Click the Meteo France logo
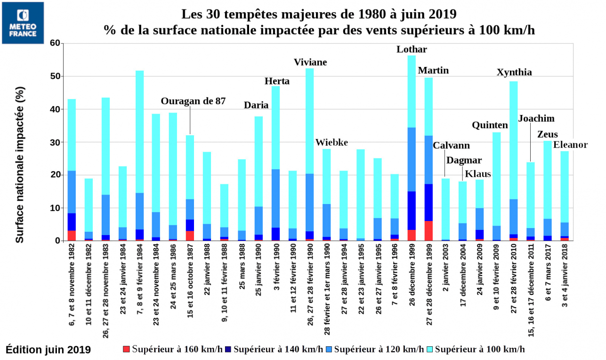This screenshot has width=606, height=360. click(x=23, y=23)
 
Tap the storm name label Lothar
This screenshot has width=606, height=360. click(x=412, y=49)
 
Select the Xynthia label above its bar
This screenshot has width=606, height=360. click(x=514, y=72)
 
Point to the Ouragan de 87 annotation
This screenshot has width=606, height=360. click(x=193, y=101)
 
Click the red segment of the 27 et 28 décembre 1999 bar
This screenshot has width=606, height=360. click(x=428, y=231)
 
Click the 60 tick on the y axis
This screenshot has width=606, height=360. click(x=55, y=43)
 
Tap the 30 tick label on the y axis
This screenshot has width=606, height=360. click(x=55, y=142)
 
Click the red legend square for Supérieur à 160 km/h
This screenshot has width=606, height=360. click(x=126, y=349)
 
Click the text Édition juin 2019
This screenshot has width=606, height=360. click(x=48, y=349)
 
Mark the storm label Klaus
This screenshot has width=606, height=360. click(x=477, y=174)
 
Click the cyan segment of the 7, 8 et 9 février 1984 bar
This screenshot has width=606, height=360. click(x=139, y=132)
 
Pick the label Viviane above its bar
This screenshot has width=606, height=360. click(x=310, y=62)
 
